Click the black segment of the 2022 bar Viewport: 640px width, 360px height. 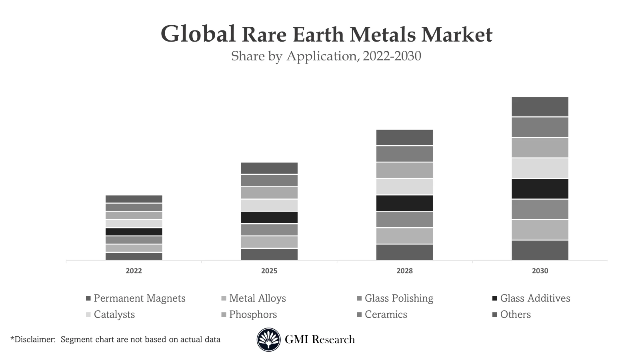(x=134, y=232)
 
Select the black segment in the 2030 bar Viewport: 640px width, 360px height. (x=540, y=189)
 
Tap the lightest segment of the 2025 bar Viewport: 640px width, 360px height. (x=269, y=205)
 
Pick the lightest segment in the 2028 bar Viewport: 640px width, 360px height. (x=404, y=187)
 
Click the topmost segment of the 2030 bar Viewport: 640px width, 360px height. (x=540, y=107)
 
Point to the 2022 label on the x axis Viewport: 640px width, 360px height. (x=134, y=271)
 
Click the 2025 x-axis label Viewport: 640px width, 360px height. (x=269, y=271)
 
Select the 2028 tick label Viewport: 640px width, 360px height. (x=404, y=271)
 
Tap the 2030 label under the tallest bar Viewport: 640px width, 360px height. (x=540, y=271)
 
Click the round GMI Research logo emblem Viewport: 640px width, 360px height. (x=268, y=340)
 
